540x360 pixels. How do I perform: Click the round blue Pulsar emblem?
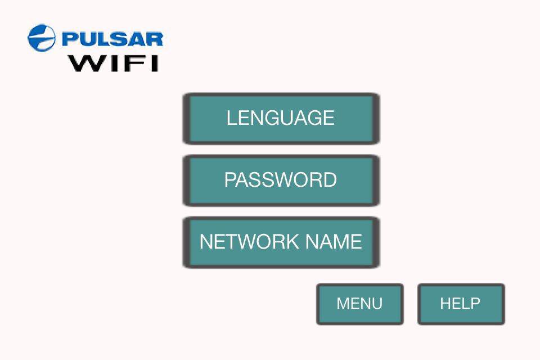pyautogui.click(x=42, y=38)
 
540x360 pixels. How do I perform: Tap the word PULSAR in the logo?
pyautogui.click(x=112, y=39)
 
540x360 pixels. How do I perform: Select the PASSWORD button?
pyautogui.click(x=281, y=180)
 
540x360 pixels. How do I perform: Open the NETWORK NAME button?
pyautogui.click(x=281, y=242)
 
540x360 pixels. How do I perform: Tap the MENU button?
pyautogui.click(x=359, y=304)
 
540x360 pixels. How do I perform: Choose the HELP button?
pyautogui.click(x=460, y=304)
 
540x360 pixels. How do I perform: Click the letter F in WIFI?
pyautogui.click(x=131, y=62)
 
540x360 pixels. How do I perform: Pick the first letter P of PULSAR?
pyautogui.click(x=69, y=39)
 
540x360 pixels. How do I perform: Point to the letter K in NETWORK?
pyautogui.click(x=293, y=242)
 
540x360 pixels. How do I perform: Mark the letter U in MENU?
pyautogui.click(x=377, y=304)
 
